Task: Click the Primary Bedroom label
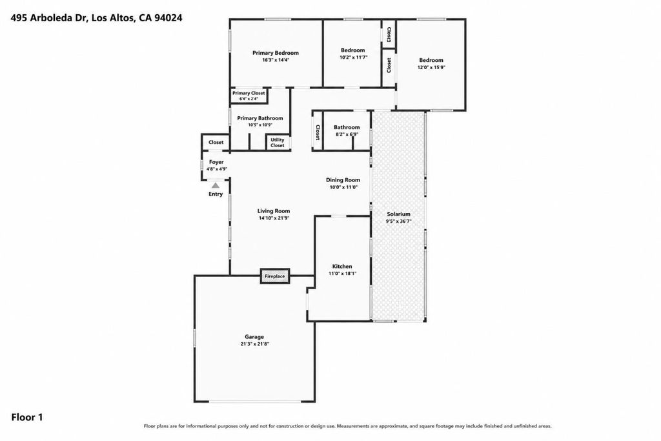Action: [x=275, y=53]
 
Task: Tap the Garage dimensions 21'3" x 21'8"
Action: [x=254, y=344]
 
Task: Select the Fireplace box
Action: [x=275, y=276]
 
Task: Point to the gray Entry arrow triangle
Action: [x=216, y=185]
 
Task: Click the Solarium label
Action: [x=398, y=214]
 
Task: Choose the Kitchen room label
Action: [x=342, y=266]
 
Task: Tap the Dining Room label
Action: [x=343, y=180]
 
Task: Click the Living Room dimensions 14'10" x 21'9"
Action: [x=274, y=218]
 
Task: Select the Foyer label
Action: [x=216, y=162]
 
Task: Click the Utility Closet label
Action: [x=278, y=143]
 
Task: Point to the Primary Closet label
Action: [x=249, y=93]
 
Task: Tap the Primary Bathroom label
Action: [x=259, y=118]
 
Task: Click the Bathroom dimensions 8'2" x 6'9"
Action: [x=347, y=134]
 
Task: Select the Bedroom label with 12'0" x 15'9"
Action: [x=431, y=60]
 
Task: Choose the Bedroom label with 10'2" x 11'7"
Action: [x=353, y=50]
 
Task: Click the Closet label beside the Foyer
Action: [x=216, y=142]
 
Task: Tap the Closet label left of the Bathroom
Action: [x=318, y=132]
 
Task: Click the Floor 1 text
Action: [x=27, y=417]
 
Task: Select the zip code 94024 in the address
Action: [x=168, y=17]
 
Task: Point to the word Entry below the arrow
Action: [x=216, y=194]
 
